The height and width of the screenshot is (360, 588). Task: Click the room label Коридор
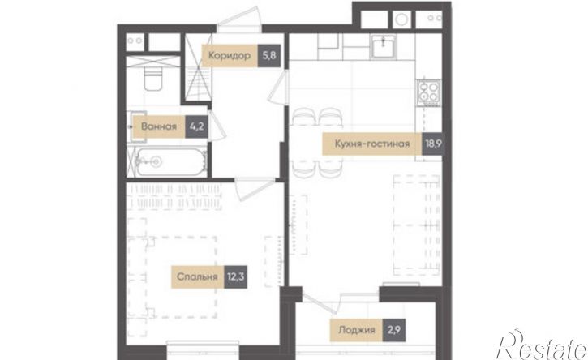(230, 56)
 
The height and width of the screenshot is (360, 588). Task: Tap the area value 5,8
(269, 56)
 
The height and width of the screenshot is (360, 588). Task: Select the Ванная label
(159, 126)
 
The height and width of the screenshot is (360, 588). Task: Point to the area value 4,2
(196, 126)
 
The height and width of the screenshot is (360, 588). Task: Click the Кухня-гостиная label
(372, 144)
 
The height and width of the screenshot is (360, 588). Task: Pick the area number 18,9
(433, 144)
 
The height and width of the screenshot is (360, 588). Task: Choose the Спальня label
(197, 277)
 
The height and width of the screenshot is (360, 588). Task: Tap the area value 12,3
(235, 277)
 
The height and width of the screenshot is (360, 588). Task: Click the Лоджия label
(357, 330)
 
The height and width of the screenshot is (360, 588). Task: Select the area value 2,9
(393, 330)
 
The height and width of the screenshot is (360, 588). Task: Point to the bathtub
(170, 162)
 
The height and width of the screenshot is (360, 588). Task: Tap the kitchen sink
(383, 47)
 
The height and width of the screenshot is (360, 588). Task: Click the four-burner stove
(429, 92)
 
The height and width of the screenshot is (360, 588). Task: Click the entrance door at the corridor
(239, 19)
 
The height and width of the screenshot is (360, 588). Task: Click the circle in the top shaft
(401, 19)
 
